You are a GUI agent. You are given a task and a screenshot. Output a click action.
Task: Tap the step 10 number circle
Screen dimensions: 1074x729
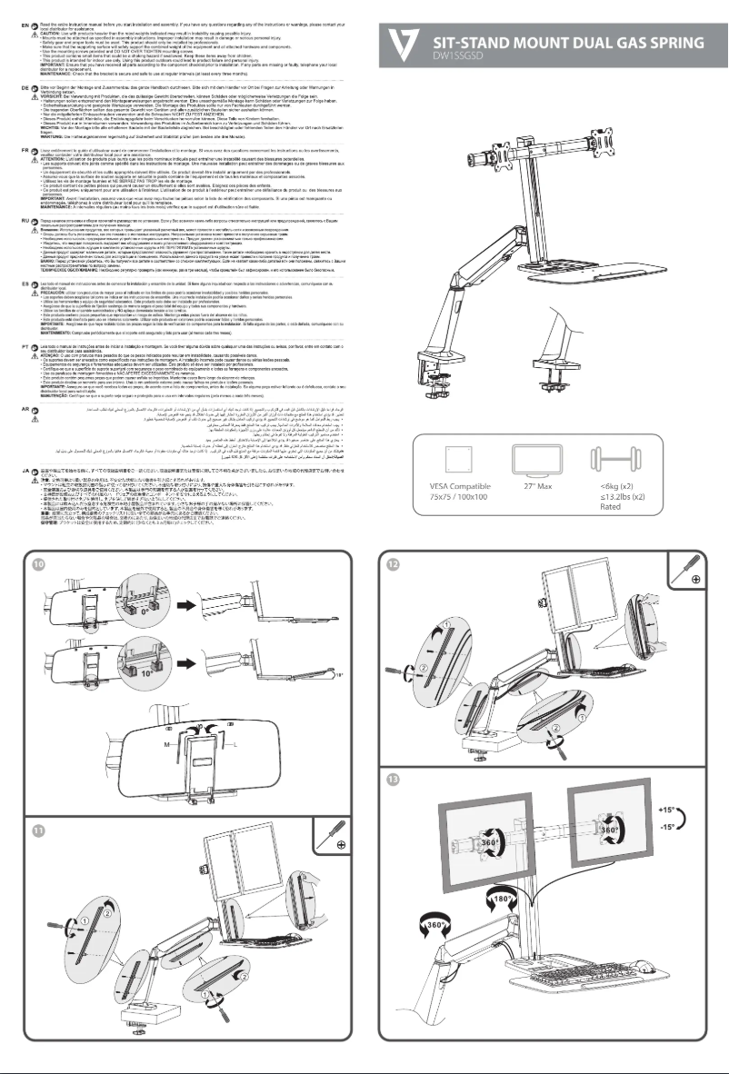click(x=35, y=564)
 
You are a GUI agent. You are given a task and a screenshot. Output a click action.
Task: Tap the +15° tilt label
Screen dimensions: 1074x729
click(x=665, y=806)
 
